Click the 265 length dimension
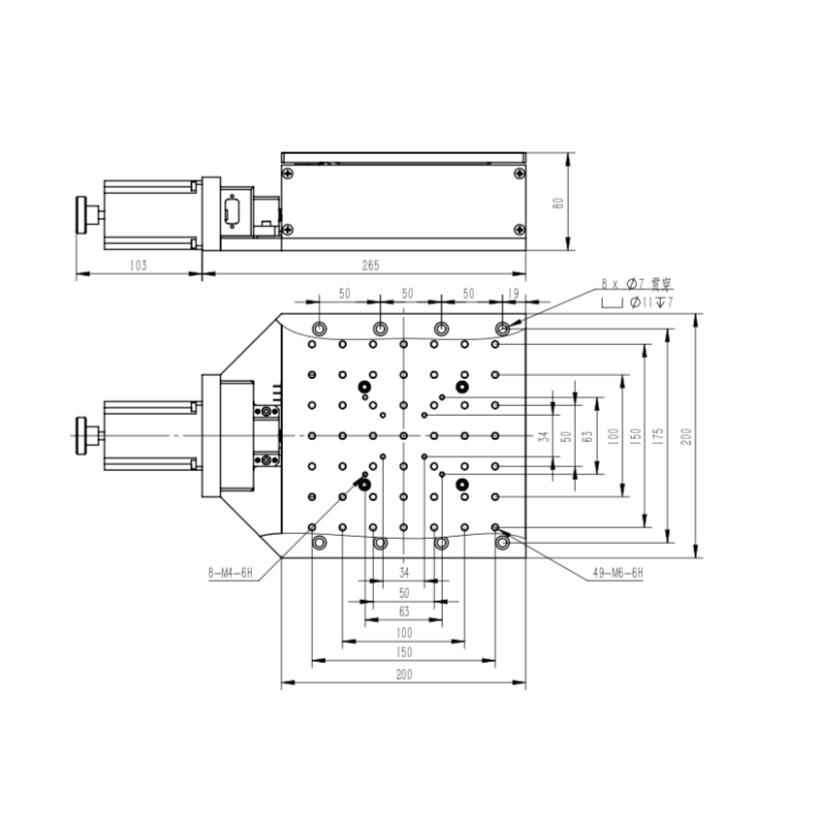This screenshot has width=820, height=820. tap(370, 266)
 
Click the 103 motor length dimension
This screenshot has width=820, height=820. tap(138, 266)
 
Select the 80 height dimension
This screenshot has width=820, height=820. tap(558, 203)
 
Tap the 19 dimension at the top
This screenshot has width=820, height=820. tap(514, 294)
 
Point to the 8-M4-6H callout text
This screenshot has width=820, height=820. tap(230, 574)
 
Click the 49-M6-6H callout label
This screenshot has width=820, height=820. tap(617, 573)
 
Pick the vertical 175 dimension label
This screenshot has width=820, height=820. tap(658, 436)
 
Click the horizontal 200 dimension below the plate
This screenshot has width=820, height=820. tap(404, 675)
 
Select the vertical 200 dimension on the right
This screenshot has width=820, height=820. tap(686, 436)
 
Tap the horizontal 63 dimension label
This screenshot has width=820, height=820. tap(404, 612)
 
